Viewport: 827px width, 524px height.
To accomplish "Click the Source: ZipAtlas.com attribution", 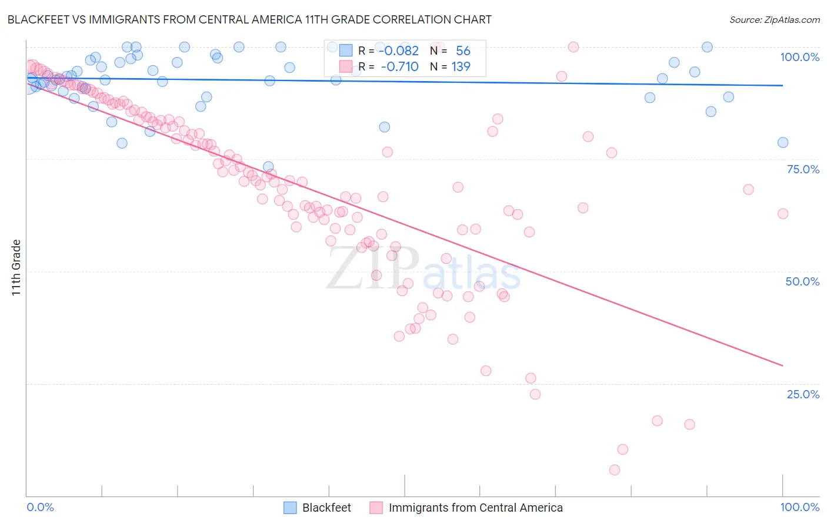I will [774, 19].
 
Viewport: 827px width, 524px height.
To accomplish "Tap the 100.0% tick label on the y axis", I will [799, 57].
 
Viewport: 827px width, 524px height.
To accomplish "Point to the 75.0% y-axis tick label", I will [802, 169].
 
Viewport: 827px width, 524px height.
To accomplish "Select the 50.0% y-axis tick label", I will [802, 281].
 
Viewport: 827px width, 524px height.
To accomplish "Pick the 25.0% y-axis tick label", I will [802, 394].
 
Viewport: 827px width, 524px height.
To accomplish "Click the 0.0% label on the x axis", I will [40, 507].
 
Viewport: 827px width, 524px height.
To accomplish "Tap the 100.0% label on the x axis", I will [799, 507].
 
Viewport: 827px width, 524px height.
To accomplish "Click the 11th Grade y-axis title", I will [16, 267].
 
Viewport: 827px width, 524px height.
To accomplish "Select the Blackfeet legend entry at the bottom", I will [326, 508].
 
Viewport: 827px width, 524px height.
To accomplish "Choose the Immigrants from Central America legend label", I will [475, 508].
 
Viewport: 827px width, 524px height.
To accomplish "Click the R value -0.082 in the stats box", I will [400, 51].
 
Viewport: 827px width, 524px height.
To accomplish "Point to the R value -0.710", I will [400, 67].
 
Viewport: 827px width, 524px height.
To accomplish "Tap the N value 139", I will [461, 67].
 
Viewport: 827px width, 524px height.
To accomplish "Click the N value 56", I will [463, 51].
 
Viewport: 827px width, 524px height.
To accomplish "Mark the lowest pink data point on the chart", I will [615, 470].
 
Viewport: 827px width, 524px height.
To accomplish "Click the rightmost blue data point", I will [783, 143].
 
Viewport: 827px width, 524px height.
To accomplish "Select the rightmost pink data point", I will [783, 214].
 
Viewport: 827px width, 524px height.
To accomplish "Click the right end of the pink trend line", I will [783, 366].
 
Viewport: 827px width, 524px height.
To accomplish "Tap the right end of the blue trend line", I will [783, 86].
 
